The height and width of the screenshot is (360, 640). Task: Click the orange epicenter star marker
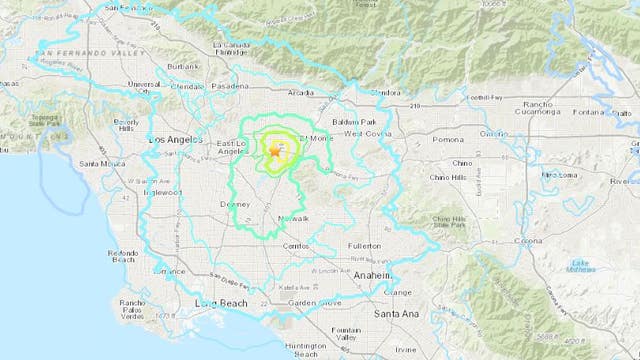[x=274, y=152]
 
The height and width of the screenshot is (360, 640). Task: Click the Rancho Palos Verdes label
[x=133, y=307]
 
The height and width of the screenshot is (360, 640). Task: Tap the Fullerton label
[x=363, y=244]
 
